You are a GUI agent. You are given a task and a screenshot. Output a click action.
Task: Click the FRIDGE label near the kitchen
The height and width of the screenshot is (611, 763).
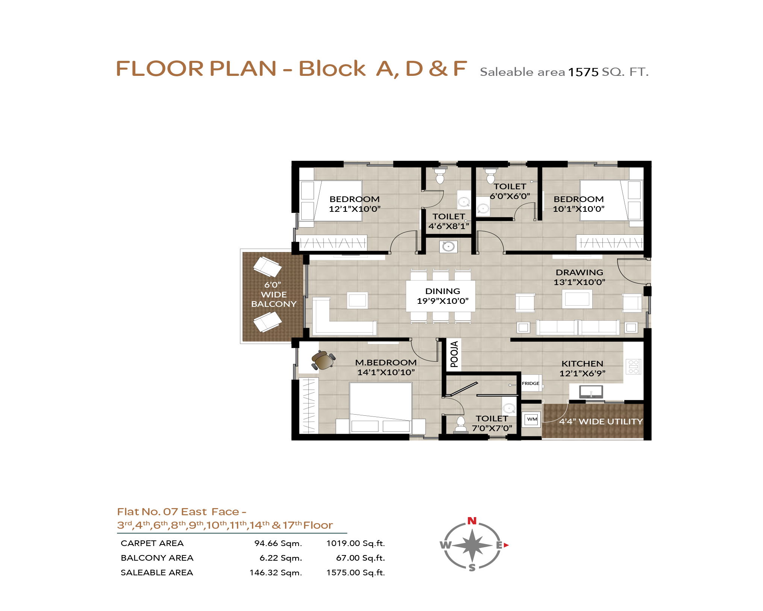coord(530,383)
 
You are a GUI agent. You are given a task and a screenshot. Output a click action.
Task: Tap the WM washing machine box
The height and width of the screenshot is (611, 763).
coord(532,419)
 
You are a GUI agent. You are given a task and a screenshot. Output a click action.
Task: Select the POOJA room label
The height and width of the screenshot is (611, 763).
coord(454,354)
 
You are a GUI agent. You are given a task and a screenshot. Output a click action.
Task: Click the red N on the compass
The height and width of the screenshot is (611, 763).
coord(472,521)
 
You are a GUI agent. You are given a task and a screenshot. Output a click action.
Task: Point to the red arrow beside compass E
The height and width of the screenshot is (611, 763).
coord(506,545)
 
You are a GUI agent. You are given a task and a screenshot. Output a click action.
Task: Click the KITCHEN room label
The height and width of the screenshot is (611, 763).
coord(582,364)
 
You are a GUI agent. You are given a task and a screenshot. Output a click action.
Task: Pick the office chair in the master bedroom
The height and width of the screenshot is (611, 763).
coord(323,361)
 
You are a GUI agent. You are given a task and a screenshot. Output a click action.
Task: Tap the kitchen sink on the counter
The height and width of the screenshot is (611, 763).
coord(591,391)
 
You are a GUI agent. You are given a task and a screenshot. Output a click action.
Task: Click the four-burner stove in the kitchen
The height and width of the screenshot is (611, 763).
coord(633,367)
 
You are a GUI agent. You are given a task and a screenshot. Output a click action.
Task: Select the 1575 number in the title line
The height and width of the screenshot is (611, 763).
coord(583,72)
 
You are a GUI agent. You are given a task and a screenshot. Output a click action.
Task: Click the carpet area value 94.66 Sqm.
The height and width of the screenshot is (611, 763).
coord(278,543)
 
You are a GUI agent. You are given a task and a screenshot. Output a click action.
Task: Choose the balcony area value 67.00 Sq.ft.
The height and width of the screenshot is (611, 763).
coord(360,558)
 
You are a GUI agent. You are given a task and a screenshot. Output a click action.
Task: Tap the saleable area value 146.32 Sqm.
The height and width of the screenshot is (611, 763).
coord(276,573)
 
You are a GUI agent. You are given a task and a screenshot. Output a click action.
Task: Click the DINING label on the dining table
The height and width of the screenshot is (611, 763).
coord(443,291)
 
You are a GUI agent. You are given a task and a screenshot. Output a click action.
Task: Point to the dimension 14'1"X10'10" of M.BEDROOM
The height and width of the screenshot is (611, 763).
coord(386,372)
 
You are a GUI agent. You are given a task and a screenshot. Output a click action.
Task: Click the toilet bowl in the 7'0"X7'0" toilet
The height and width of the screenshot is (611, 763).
coord(461,424)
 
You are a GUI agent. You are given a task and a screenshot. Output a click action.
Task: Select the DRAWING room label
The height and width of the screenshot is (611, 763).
coord(579,272)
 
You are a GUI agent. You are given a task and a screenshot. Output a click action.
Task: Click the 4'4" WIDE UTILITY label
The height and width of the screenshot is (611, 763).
coord(601,421)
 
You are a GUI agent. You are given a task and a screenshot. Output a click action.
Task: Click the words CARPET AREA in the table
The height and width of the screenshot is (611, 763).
coord(152,543)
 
